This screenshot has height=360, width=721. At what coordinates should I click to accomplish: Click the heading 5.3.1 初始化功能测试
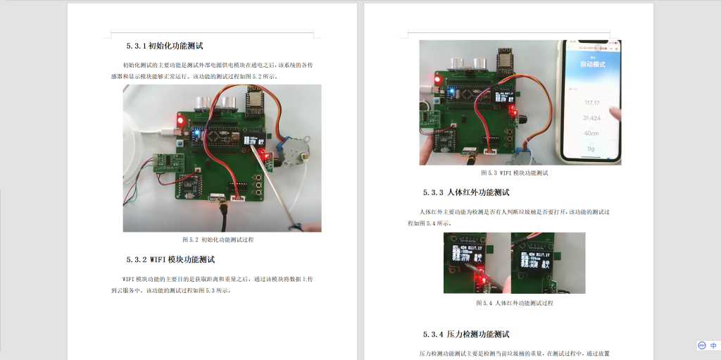pos(165,46)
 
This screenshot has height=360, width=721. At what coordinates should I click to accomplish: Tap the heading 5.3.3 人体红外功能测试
pos(465,192)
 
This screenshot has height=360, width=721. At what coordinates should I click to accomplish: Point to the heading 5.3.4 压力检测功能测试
pos(465,334)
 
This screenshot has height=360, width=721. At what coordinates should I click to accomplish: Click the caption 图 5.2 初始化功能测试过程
pos(218,240)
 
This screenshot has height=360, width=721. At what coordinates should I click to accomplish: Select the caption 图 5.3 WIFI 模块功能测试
pos(514,173)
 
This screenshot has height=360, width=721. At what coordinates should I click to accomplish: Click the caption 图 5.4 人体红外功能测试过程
pos(514,303)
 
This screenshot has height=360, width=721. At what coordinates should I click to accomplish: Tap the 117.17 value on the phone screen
pos(591,103)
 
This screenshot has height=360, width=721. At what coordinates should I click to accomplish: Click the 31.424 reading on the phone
pos(591,118)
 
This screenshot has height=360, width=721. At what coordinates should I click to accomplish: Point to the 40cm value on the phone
pos(591,133)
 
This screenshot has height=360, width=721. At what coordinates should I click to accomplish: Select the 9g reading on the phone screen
pos(591,149)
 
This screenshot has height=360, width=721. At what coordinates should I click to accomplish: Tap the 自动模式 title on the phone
pos(592,64)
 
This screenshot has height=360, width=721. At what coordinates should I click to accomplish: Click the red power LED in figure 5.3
pos(437,80)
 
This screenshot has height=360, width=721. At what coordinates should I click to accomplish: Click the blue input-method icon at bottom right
pos(702,346)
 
